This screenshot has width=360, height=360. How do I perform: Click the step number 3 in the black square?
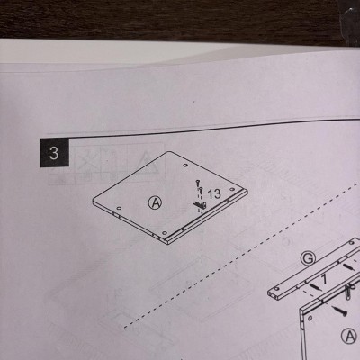coord(54,153)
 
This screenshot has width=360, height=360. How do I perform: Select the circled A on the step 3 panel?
coord(155,203)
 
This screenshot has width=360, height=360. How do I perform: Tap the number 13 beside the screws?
coord(214,194)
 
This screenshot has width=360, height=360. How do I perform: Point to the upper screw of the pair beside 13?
coord(198,183)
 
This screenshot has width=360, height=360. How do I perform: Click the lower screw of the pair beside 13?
coord(201,191)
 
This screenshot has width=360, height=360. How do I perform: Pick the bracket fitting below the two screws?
coord(200,205)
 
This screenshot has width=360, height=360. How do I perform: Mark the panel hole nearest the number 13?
coord(232,190)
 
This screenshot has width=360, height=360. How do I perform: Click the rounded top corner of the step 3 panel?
coord(168,152)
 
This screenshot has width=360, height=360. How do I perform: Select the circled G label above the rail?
coord(309,258)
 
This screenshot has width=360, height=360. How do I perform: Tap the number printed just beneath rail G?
coord(324,280)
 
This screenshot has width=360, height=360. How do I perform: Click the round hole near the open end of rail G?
coord(276,288)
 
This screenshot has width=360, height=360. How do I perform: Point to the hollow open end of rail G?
coord(273,295)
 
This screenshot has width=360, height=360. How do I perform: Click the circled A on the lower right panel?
coord(350,336)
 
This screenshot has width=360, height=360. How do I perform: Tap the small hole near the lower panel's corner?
coord(310,318)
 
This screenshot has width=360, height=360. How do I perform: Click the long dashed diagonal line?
coord(241,254)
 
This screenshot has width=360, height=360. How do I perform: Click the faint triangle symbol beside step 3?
coord(146,164)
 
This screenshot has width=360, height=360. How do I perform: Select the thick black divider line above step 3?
coord(210,128)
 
